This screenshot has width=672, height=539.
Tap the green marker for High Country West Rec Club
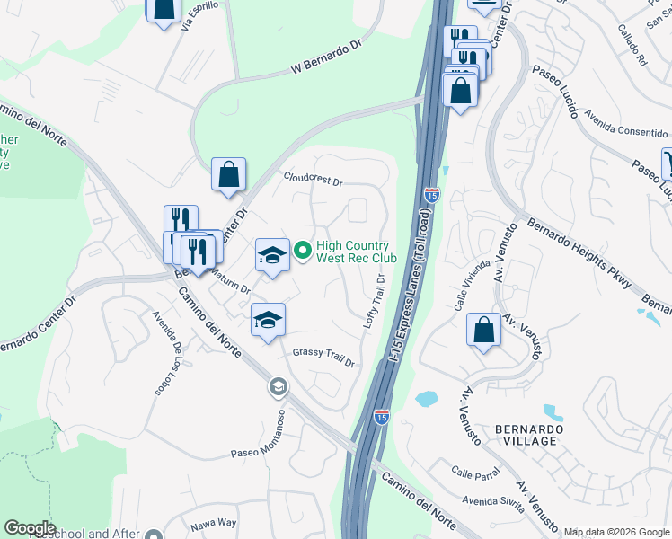click(x=303, y=252)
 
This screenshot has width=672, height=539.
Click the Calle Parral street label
click(x=474, y=473)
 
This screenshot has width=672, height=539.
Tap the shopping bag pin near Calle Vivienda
click(x=484, y=330)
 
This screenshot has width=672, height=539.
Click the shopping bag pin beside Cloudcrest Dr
click(x=229, y=173)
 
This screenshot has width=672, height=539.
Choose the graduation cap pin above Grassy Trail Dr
click(x=268, y=320)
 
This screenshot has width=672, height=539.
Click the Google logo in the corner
click(x=31, y=528)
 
